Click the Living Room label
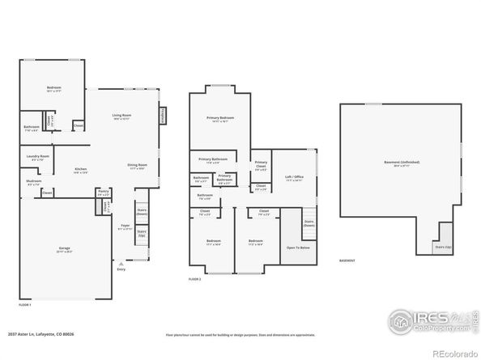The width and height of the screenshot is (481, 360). pos(121,116)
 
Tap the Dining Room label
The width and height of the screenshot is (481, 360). pos(136,166)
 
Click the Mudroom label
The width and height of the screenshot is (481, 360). pos(33,182)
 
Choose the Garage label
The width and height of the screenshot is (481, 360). pos(63,248)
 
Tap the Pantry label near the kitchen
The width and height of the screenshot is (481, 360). pos(103,193)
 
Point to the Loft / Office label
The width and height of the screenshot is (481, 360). pos(293,177)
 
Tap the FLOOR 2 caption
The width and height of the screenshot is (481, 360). pos(194,278)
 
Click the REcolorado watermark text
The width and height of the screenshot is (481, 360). pos(454,353)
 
